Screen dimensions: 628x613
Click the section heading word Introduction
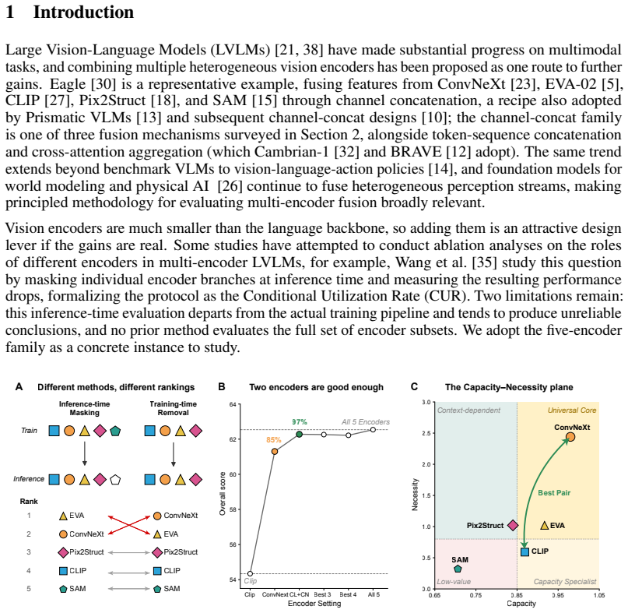pos(83,12)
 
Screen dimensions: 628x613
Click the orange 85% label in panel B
pos(274,440)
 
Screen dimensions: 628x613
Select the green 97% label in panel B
pos(299,421)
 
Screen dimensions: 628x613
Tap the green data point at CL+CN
pos(299,434)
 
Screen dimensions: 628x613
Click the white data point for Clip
pos(250,574)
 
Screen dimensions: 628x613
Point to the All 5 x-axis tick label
pos(374,594)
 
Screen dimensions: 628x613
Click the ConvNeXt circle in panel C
pos(570,437)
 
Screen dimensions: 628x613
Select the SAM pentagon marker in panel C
pos(458,569)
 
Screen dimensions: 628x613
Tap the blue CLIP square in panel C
pos(525,552)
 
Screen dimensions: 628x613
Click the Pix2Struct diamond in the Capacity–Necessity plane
pos(513,525)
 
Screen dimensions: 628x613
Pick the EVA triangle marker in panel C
pos(544,525)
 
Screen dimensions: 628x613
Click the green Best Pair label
pos(554,493)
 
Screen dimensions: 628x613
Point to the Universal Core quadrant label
pos(572,410)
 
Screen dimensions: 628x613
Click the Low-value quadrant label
pos(454,581)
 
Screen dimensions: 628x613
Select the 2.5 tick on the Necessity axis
pos(426,433)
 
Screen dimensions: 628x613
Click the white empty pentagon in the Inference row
pos(115,480)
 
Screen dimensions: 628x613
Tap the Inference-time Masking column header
pos(85,408)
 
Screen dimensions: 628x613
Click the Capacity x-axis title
pos(521,604)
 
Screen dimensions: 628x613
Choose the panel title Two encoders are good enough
pos(317,387)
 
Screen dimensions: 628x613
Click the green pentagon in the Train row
pos(115,431)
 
